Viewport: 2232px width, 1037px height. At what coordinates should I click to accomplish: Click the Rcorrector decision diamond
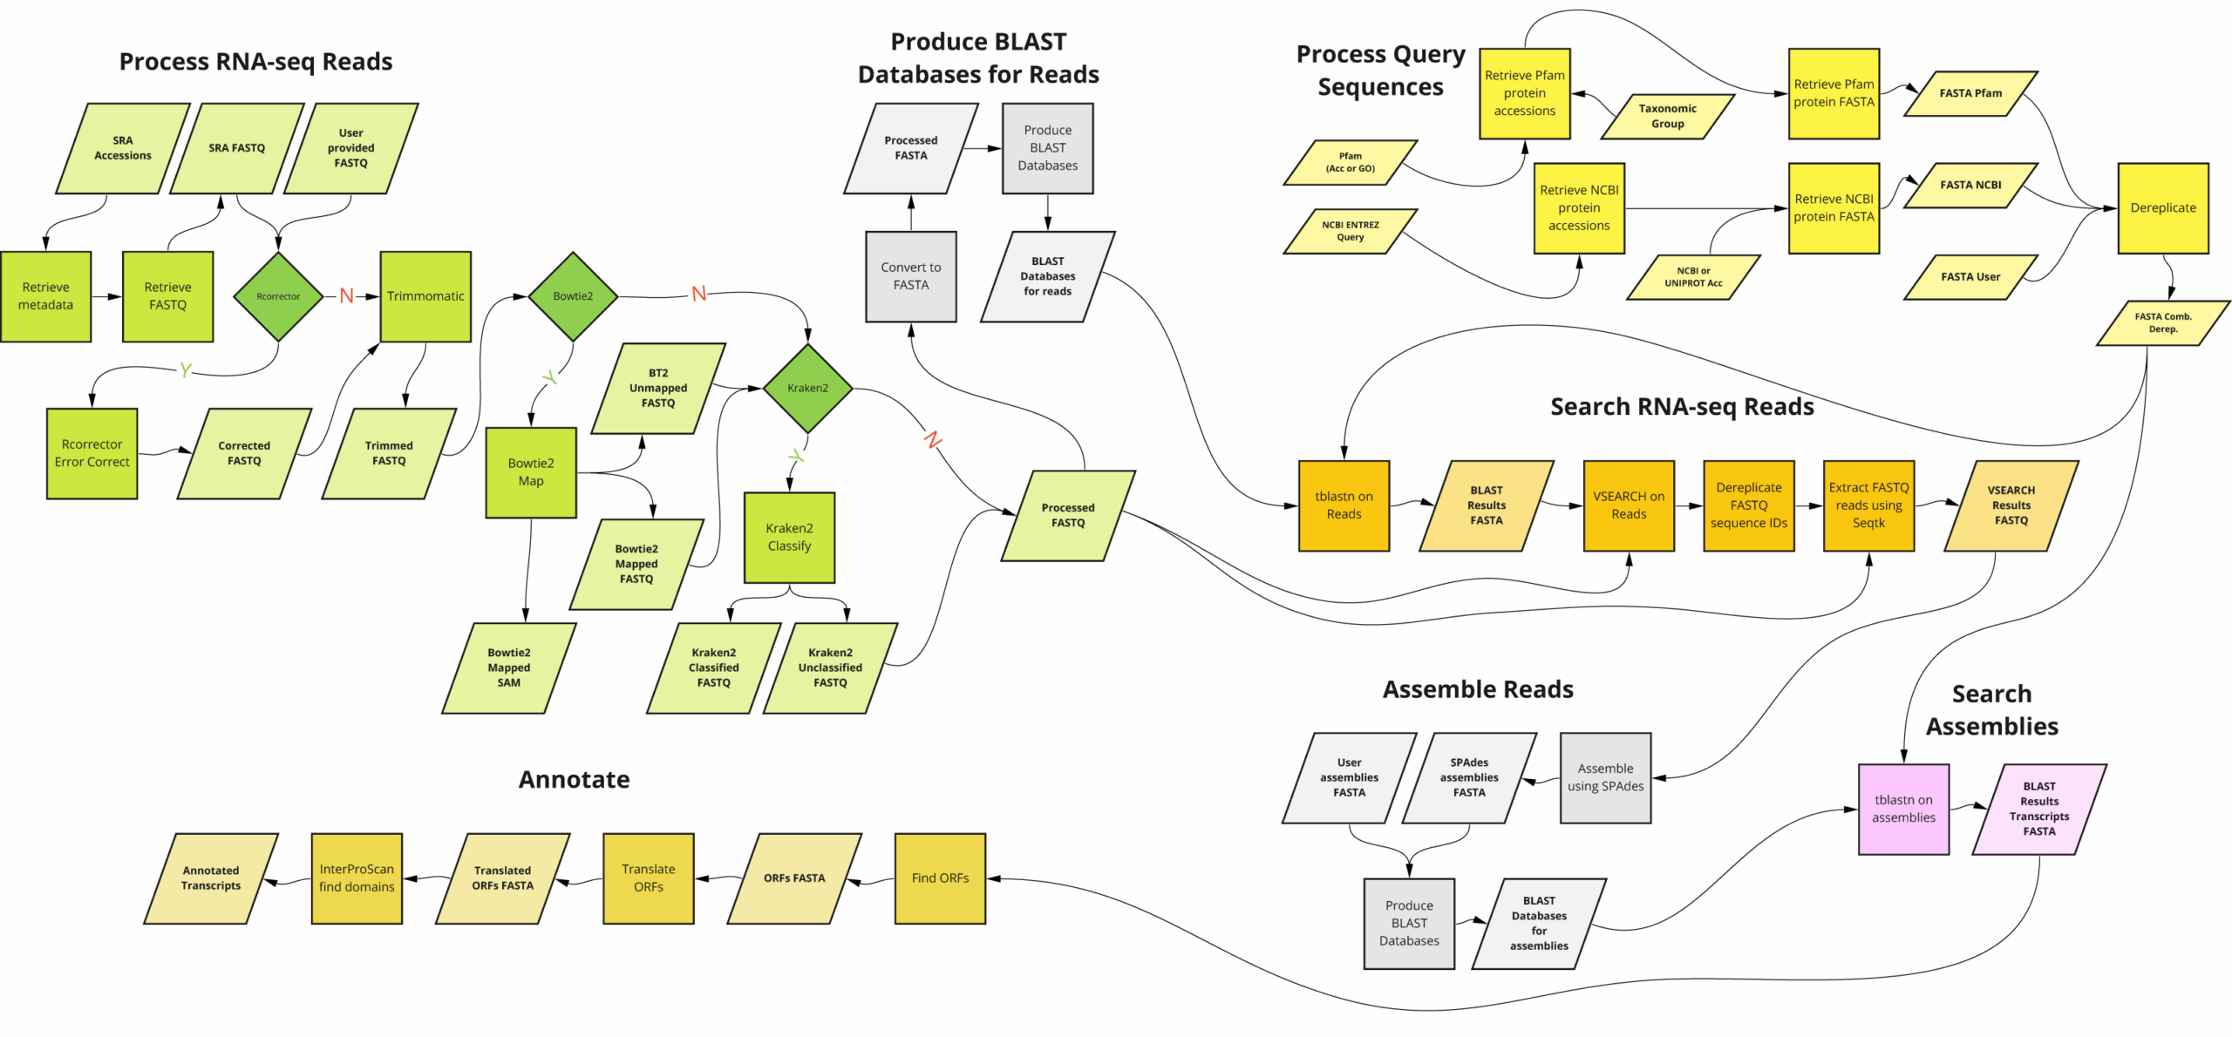coord(278,296)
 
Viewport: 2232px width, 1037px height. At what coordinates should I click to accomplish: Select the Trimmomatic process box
coord(425,296)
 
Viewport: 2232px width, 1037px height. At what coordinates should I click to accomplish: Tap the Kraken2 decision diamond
coord(807,388)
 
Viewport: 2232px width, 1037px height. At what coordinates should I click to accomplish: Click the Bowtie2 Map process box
coord(531,472)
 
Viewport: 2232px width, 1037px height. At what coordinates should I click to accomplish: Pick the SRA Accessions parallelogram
coord(123,148)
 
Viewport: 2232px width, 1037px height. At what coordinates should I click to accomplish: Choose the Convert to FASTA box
coord(910,276)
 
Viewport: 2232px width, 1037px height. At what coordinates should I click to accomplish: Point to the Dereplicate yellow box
coord(2162,207)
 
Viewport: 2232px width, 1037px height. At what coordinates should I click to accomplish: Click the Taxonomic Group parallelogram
coord(1667,116)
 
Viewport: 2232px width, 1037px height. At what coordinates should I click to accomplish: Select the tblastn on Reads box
coord(1344,505)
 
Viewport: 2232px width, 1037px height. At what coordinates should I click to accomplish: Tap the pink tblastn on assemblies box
coord(1903,809)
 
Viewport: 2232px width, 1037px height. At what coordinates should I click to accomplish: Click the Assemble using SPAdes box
coord(1605,777)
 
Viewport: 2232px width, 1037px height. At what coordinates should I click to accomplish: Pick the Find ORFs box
coord(940,878)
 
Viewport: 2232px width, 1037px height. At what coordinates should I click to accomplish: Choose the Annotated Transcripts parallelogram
coord(211,878)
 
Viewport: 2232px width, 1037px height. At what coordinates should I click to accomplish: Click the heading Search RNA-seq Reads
coord(1681,406)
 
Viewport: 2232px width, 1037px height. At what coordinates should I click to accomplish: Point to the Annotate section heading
coord(574,779)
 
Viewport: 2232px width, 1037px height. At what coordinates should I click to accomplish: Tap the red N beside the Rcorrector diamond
coord(347,295)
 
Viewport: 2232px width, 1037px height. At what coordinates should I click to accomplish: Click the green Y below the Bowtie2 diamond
coord(549,377)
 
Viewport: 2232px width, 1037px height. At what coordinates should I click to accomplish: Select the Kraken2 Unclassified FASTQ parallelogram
coord(830,668)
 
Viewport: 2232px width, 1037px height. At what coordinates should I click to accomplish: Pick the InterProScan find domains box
coord(357,878)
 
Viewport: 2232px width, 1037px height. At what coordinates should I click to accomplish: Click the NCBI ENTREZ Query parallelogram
coord(1350,231)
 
